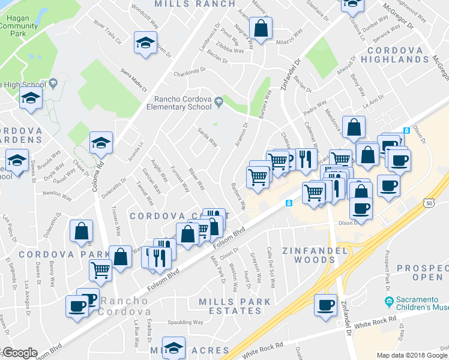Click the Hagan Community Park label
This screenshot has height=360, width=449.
pyautogui.click(x=19, y=26)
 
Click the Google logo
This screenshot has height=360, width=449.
pyautogui.click(x=19, y=353)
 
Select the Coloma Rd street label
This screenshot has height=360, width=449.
pyautogui.click(x=97, y=174)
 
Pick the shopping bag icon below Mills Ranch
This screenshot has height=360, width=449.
pyautogui.click(x=261, y=28)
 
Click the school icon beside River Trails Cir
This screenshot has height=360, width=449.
pyautogui.click(x=144, y=44)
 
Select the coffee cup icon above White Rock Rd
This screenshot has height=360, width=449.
pyautogui.click(x=326, y=305)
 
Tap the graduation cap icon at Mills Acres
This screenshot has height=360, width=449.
pyautogui.click(x=173, y=349)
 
